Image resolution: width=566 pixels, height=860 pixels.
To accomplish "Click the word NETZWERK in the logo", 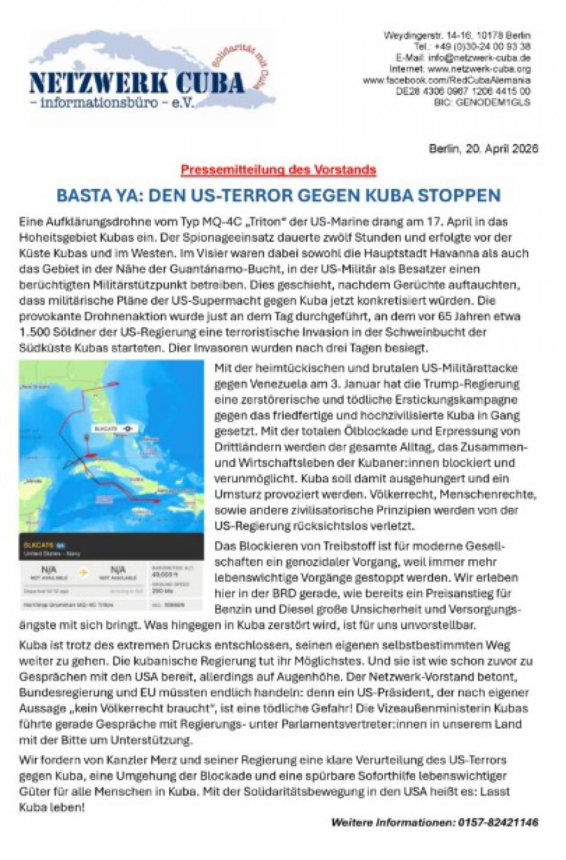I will pos(89,82).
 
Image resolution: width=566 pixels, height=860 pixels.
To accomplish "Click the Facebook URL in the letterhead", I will pos(447,80).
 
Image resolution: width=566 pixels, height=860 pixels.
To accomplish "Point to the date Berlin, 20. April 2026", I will pos(483,149).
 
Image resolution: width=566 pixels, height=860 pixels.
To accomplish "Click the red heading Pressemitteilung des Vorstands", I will pos(278,169).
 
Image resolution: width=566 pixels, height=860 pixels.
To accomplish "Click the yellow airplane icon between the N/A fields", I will pos(82,573).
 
